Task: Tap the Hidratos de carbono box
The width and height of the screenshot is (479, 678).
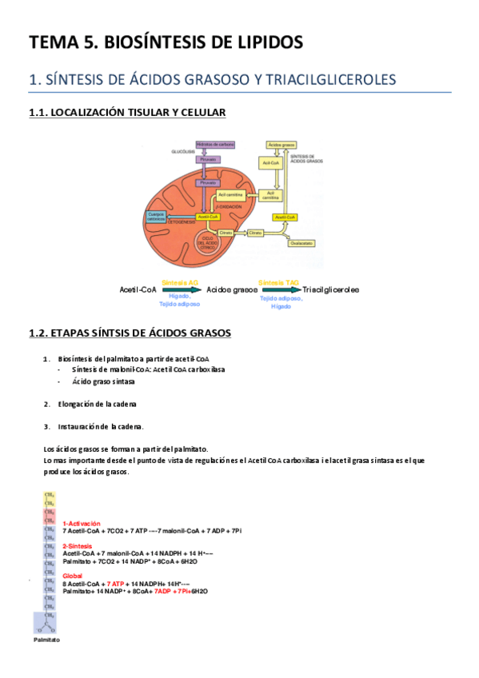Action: [215, 144]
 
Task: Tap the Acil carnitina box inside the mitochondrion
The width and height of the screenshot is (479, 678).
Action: [212, 195]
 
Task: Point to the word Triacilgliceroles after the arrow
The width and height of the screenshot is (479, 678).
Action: [331, 290]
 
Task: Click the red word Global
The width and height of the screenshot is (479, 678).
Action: [72, 575]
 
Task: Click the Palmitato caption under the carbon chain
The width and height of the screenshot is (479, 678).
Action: [46, 640]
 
